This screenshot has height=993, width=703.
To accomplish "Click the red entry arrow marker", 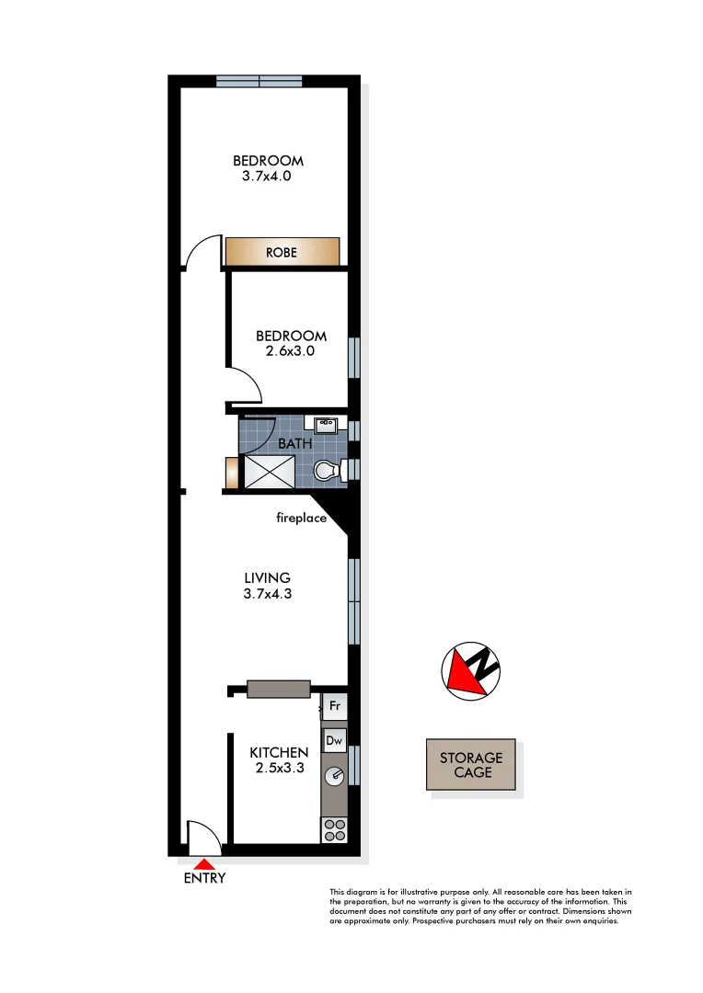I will tap(204, 863).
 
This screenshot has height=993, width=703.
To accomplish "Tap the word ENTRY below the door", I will tap(204, 878).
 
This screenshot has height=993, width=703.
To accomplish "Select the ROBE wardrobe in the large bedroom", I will tap(282, 251).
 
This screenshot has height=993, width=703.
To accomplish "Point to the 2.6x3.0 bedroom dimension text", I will tap(291, 350).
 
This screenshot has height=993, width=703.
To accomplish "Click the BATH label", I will tap(295, 442).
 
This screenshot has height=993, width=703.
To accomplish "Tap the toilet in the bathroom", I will tap(327, 472).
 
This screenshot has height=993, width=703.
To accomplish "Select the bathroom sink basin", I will tap(325, 425).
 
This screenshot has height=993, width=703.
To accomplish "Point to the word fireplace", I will tap(302, 518).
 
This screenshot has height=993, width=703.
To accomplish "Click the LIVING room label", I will tap(267, 577).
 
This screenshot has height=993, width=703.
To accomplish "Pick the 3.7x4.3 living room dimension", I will tap(267, 594).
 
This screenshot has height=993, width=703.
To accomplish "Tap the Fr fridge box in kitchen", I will tap(334, 707).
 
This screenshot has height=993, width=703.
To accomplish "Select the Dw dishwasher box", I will tap(334, 740).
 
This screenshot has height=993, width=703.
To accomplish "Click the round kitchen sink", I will tap(334, 775).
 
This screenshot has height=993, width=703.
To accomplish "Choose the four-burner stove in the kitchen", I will tap(334, 829).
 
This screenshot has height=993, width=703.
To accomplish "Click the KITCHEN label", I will tap(279, 752).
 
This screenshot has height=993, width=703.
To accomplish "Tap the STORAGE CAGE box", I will tap(470, 765).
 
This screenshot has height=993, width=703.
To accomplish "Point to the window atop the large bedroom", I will tap(259, 81).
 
